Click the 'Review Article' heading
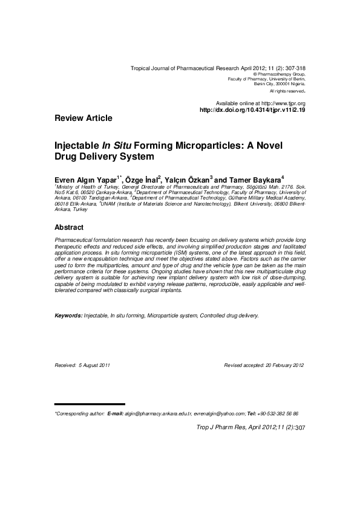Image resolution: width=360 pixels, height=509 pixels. [x=83, y=118]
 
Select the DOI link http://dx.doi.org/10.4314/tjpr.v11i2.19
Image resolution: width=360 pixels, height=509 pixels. [x=252, y=110]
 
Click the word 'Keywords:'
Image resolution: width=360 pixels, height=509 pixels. [x=68, y=316]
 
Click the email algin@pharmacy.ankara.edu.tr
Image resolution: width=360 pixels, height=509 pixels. [x=158, y=413]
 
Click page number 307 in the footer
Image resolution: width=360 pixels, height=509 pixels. [x=300, y=428]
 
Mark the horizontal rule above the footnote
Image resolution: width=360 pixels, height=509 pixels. [x=90, y=404]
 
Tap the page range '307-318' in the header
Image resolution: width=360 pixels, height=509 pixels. [x=294, y=69]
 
